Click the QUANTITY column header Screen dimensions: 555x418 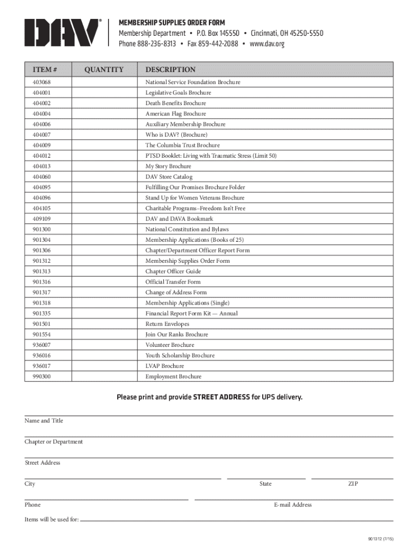coord(104,69)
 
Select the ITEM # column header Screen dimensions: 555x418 coord(46,69)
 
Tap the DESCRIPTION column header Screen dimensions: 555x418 coord(170,69)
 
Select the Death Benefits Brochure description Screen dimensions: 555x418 coord(175,104)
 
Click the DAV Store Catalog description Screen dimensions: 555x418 coord(169,177)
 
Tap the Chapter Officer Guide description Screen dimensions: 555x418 coord(173,272)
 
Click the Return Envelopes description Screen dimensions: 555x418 coord(167,324)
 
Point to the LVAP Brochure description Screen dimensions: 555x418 coord(164,366)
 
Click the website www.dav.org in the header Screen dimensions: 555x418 coord(267,44)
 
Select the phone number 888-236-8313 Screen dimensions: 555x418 coord(156,44)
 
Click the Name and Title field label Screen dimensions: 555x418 coord(44,421)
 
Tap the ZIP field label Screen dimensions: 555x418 coord(353,484)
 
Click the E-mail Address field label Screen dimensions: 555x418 coord(293,505)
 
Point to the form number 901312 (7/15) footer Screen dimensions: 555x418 coord(380,539)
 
